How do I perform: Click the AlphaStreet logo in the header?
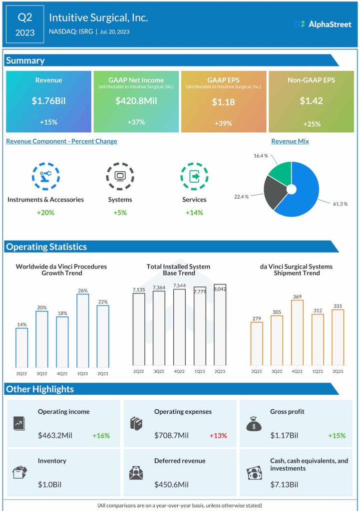[323, 24]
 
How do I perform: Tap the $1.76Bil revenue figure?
[48, 101]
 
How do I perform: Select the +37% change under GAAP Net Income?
[136, 123]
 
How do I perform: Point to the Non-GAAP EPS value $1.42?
[311, 101]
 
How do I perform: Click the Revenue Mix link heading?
[290, 141]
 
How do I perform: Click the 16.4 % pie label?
[260, 156]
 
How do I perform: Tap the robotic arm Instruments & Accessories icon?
[45, 176]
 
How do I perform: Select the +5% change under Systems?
[120, 213]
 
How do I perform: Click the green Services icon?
[194, 176]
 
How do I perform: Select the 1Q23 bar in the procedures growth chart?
[82, 330]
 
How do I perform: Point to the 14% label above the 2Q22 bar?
[21, 324]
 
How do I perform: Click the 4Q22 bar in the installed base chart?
[179, 327]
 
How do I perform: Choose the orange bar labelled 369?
[297, 332]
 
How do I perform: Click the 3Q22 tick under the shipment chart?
[277, 372]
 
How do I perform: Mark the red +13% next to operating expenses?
[218, 436]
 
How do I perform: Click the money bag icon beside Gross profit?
[254, 424]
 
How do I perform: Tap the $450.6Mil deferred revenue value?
[171, 485]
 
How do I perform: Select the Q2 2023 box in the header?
[25, 24]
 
